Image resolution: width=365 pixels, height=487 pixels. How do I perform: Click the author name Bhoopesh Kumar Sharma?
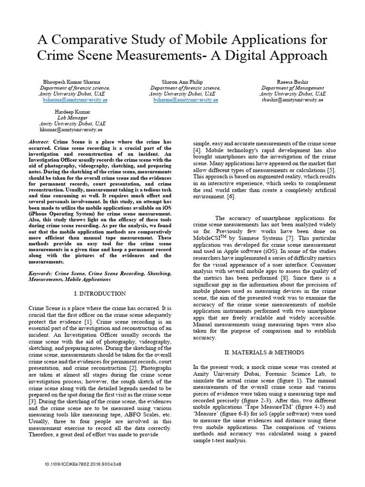point(72,82)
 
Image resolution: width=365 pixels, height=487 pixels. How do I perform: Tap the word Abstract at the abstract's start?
point(39,142)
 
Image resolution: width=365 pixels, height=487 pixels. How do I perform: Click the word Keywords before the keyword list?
point(41,274)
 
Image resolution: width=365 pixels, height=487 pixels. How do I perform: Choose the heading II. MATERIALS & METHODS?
point(264,352)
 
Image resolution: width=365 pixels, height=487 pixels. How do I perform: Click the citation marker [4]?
point(196,150)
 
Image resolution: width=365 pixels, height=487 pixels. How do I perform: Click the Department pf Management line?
point(293,88)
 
